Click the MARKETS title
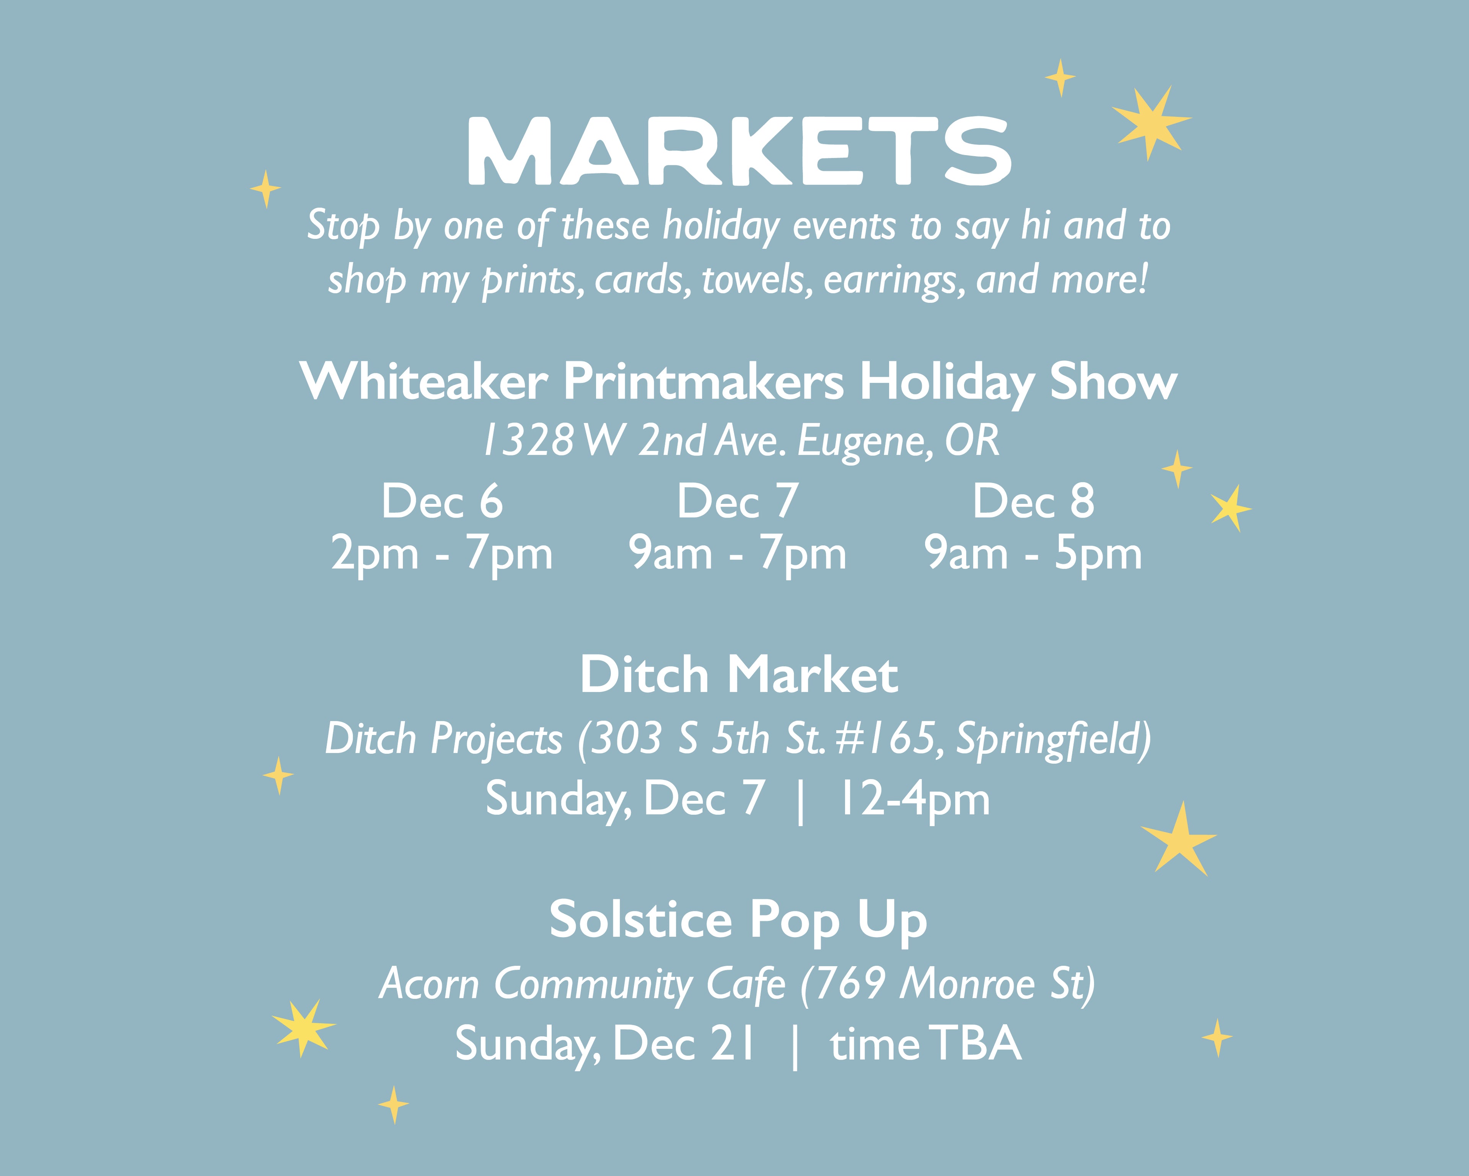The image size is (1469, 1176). [x=739, y=151]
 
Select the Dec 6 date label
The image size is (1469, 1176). [x=442, y=501]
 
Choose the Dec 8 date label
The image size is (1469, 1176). [x=1033, y=501]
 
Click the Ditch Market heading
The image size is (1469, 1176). [x=739, y=675]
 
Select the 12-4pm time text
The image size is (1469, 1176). [x=914, y=799]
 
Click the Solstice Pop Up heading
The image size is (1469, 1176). [x=739, y=920]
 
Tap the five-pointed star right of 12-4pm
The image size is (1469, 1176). [x=1179, y=840]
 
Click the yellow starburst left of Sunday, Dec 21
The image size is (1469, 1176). [x=303, y=1027]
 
